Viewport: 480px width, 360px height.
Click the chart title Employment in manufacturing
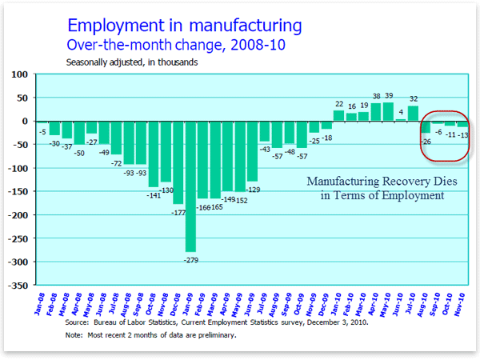185,25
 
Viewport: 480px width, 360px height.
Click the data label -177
178,212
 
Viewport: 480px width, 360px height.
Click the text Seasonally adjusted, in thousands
132,62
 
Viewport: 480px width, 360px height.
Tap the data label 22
338,104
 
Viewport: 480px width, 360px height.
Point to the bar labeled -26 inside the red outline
426,127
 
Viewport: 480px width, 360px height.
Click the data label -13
463,135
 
